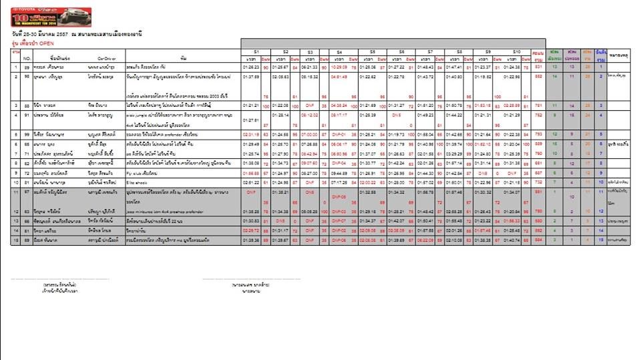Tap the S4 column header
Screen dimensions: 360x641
coord(339,51)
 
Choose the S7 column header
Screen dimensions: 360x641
coord(430,51)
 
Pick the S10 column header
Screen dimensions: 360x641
coord(516,51)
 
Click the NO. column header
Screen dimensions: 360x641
coord(27,58)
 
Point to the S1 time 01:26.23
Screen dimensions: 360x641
coord(251,67)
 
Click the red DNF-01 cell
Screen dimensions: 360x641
coord(339,134)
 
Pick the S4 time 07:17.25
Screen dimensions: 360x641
coord(339,182)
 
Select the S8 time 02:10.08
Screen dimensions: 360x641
coord(455,240)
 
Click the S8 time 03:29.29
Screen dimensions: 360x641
coord(455,154)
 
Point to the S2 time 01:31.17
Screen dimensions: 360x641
coord(280,230)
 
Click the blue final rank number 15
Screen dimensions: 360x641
coord(601,240)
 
